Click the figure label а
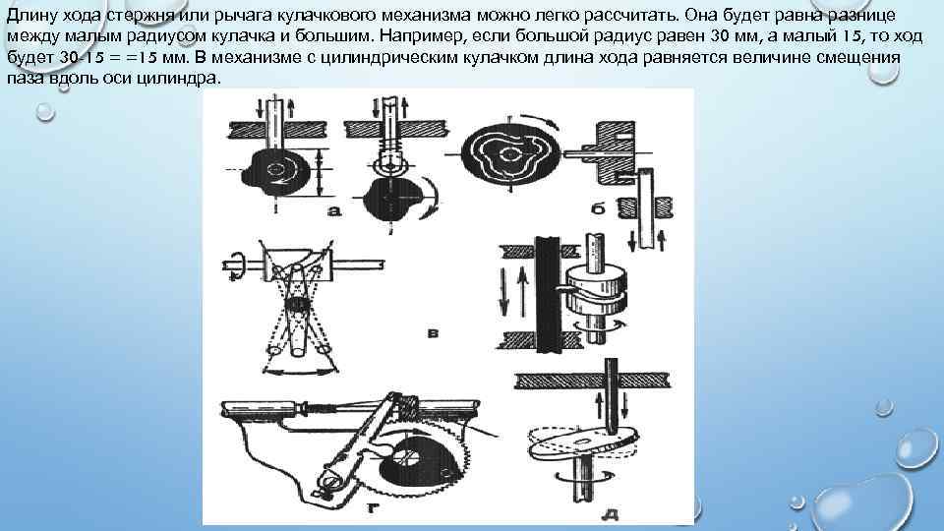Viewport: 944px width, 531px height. [334, 210]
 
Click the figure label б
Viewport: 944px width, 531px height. [597, 208]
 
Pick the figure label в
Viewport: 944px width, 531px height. [433, 333]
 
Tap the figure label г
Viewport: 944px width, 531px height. [373, 508]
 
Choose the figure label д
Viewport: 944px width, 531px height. [610, 514]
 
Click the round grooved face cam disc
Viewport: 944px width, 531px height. [510, 153]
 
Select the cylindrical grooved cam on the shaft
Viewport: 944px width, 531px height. [595, 291]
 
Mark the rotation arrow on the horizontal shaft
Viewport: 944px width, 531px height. [236, 264]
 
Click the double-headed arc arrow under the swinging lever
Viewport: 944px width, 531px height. [299, 373]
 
